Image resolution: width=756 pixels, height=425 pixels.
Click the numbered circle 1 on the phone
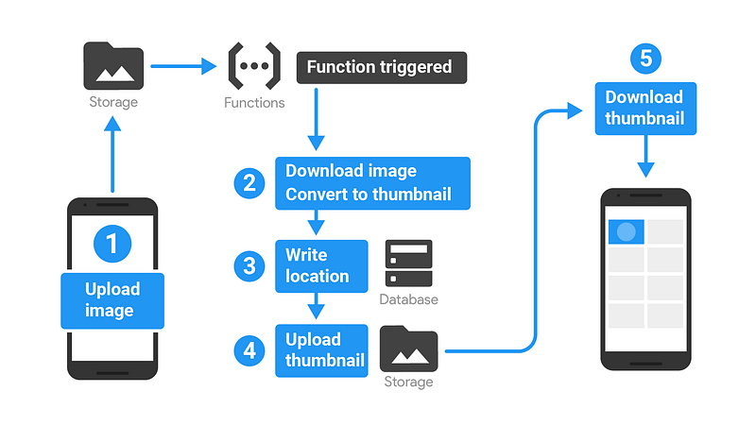coord(112,244)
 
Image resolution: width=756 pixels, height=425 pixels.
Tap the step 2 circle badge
coord(249,183)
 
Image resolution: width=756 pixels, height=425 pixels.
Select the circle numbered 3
coord(249,266)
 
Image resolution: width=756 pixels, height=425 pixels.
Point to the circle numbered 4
coord(249,350)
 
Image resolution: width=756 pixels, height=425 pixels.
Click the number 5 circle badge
coord(645,59)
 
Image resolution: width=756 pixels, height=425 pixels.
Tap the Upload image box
coord(112,300)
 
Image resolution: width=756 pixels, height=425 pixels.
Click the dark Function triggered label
coord(382,67)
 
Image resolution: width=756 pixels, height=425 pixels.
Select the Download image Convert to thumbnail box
coord(372,183)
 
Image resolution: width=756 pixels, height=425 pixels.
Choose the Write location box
coord(321,266)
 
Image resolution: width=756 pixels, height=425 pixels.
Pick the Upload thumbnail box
coord(321,350)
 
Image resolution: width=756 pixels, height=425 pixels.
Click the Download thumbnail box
coord(645,109)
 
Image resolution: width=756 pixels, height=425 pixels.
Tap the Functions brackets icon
coord(254,65)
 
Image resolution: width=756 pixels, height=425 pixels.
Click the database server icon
coord(409,263)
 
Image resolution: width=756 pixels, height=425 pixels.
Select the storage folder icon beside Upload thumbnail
coord(409,348)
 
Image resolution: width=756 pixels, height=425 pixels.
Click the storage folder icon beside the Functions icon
coord(113,66)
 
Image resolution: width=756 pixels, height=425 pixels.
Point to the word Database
coord(409,299)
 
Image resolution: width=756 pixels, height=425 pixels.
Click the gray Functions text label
coord(254,103)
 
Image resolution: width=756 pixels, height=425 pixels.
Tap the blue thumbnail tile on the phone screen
coord(627,231)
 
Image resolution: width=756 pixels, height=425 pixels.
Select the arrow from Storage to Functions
coord(183,66)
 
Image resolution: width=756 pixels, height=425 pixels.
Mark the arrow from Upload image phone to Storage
coord(112,155)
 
